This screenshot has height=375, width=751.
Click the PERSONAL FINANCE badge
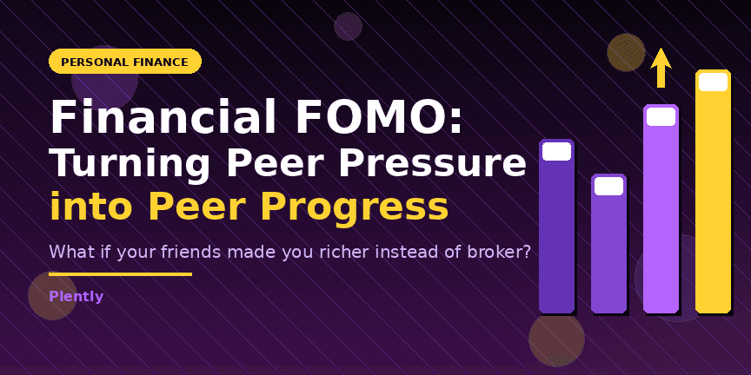[125, 62]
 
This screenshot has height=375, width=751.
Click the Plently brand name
[76, 297]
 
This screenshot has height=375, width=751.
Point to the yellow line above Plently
[120, 274]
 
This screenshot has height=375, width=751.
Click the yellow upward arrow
[661, 67]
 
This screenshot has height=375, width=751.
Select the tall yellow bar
[713, 200]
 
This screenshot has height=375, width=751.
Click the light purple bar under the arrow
[661, 217]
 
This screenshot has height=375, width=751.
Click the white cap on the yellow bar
[713, 82]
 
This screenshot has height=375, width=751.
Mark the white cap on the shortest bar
[608, 186]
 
